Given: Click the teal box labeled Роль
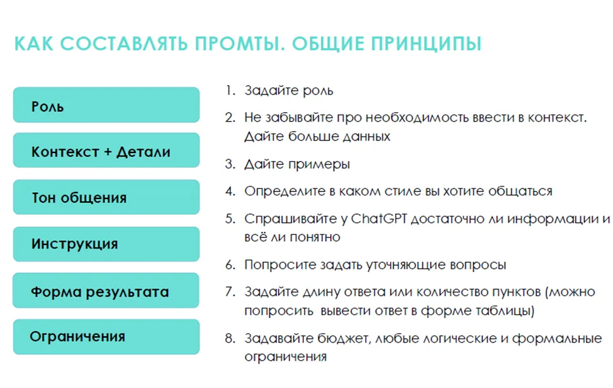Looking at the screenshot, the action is pyautogui.click(x=106, y=105).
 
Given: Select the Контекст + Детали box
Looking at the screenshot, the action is pyautogui.click(x=106, y=150).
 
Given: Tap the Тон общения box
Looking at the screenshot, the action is pyautogui.click(x=106, y=197).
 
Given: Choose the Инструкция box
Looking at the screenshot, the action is pyautogui.click(x=106, y=244).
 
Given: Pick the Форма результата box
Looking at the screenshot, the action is pyautogui.click(x=106, y=290).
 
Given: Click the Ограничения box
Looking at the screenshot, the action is pyautogui.click(x=106, y=337).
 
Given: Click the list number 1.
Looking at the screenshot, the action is pyautogui.click(x=230, y=90).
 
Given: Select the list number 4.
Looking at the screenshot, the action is pyautogui.click(x=230, y=191).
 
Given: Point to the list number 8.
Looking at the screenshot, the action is pyautogui.click(x=230, y=338).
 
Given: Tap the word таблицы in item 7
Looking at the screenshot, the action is pyautogui.click(x=505, y=311).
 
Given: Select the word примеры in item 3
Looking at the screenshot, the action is pyautogui.click(x=318, y=164).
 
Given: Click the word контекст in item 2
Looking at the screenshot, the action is pyautogui.click(x=557, y=117).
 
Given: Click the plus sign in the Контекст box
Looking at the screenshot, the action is pyautogui.click(x=108, y=152).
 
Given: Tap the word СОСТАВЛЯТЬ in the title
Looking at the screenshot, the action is pyautogui.click(x=124, y=43).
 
